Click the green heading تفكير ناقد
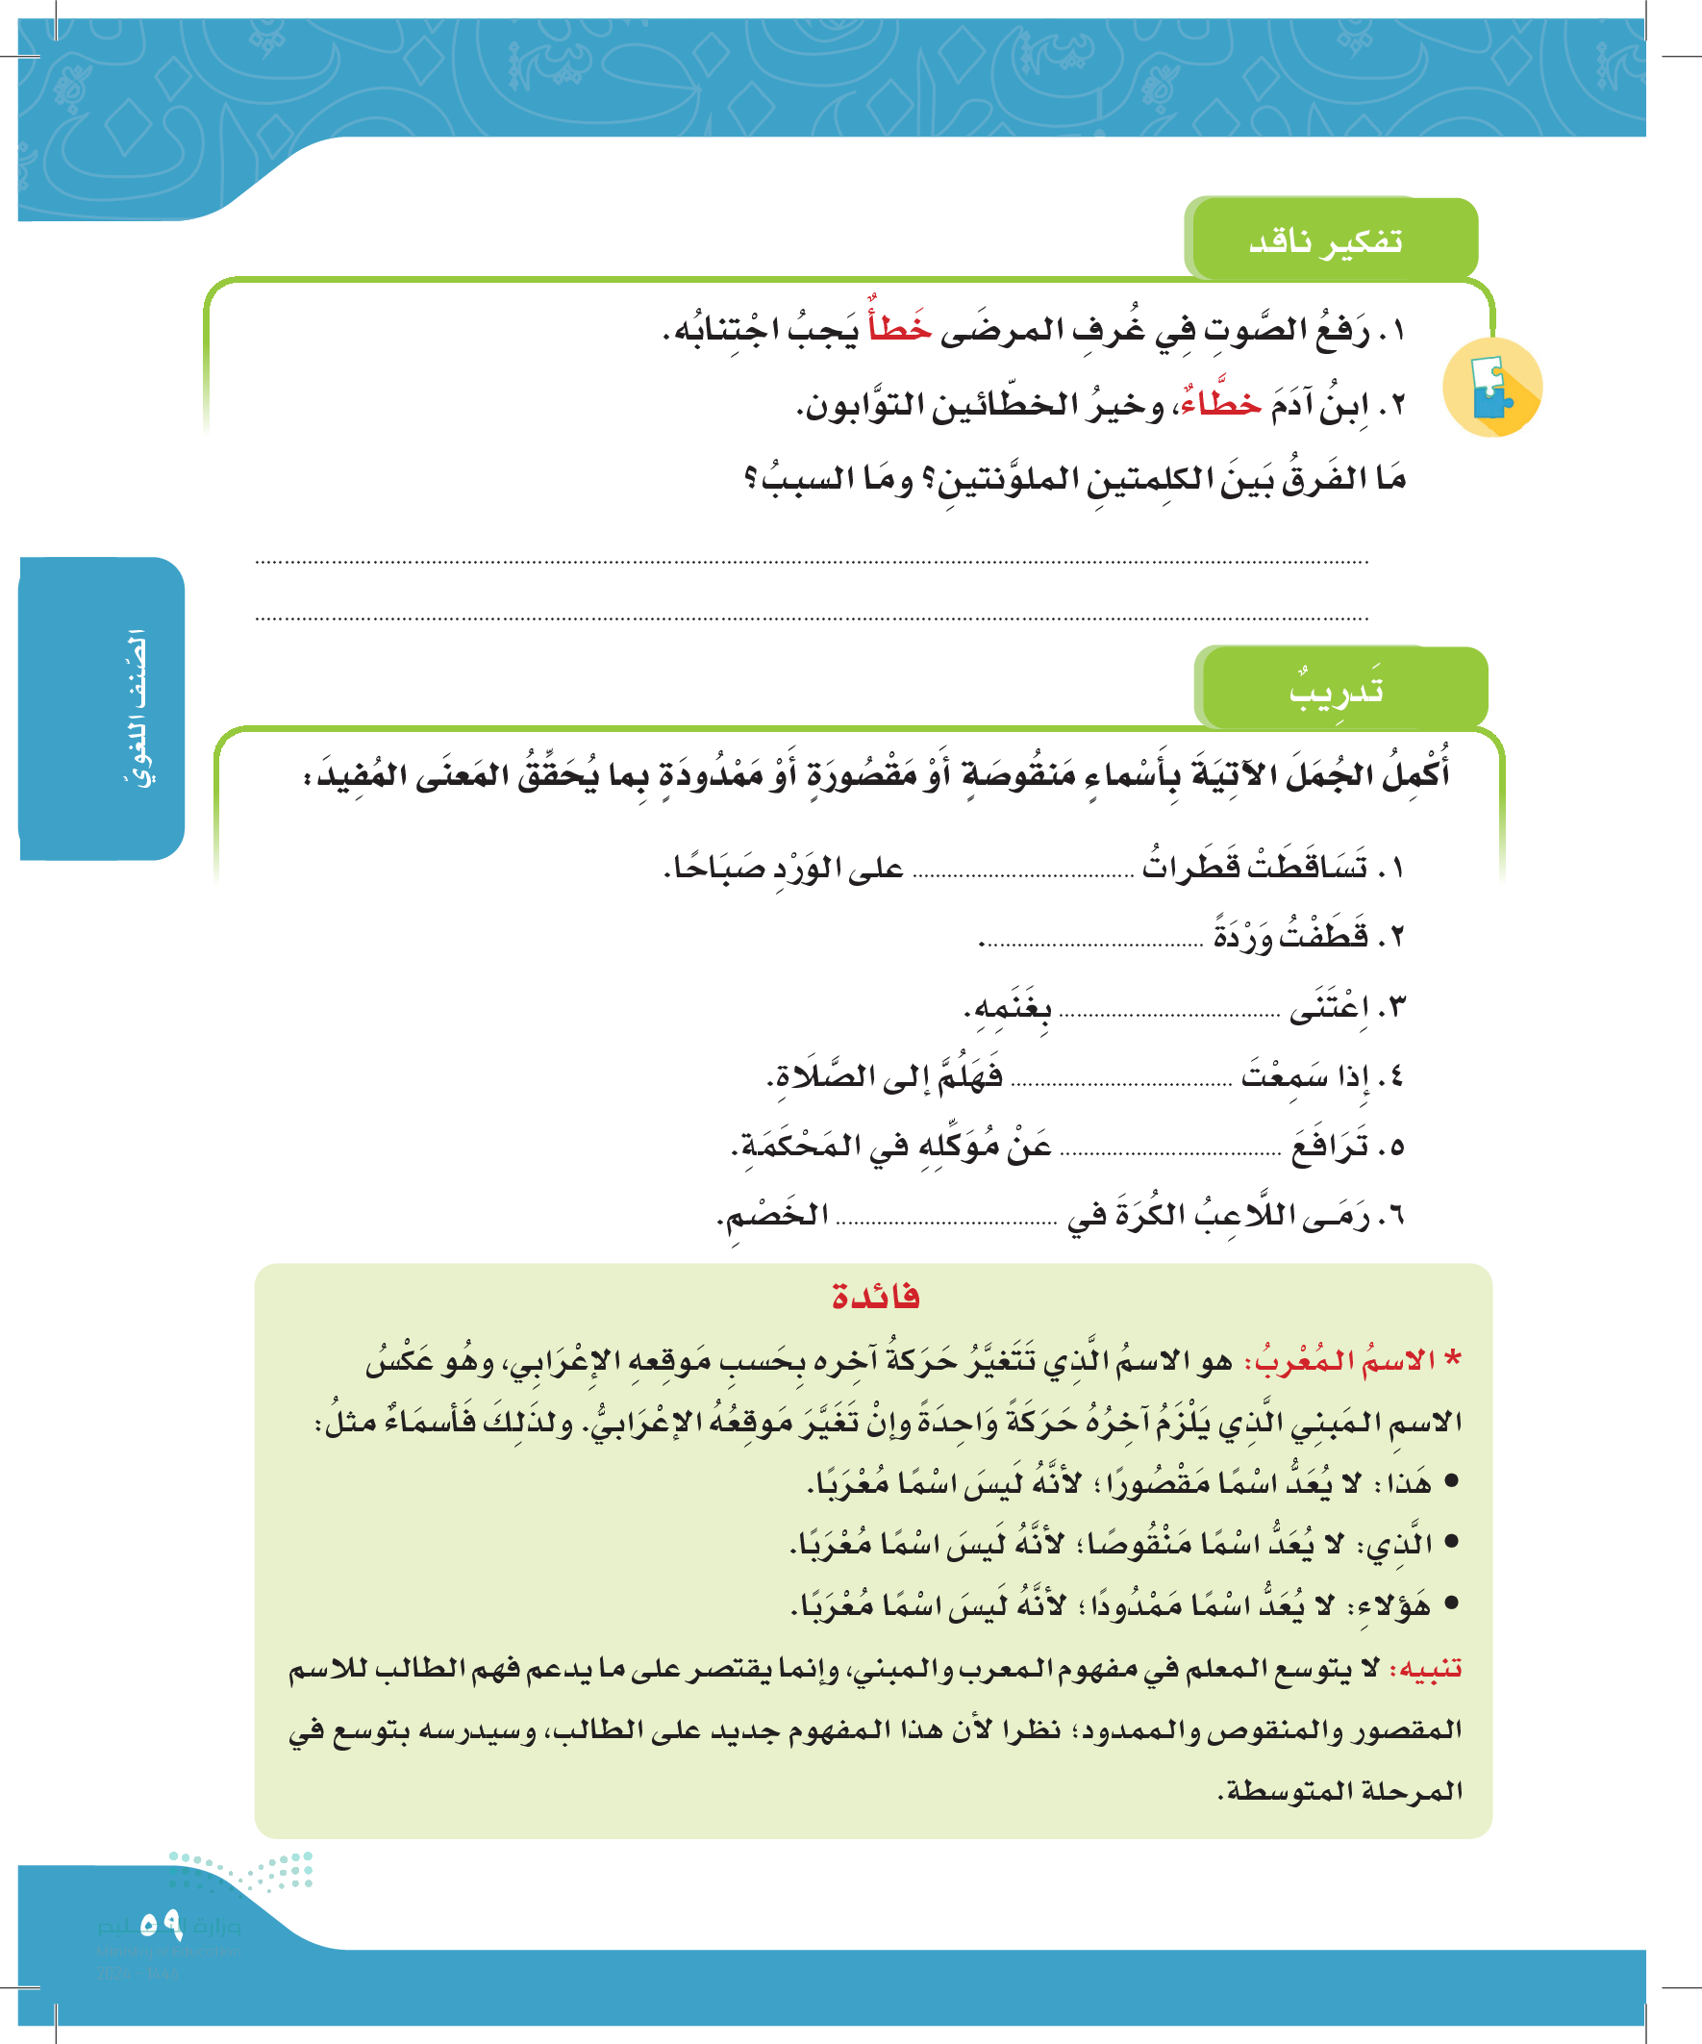(1325, 240)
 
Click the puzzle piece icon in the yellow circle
(1490, 388)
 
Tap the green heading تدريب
(1336, 690)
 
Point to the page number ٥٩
(161, 1925)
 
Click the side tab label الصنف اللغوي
(138, 708)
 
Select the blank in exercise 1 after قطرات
(1024, 872)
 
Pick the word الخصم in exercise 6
(774, 1216)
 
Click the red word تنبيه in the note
(1426, 1670)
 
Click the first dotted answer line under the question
(811, 562)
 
